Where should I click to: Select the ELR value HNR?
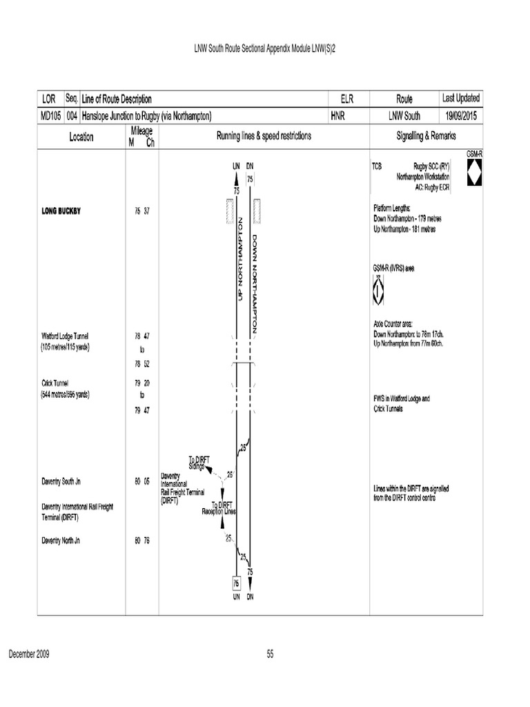337,116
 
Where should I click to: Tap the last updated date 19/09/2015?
461,116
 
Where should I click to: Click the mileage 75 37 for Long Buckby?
142,211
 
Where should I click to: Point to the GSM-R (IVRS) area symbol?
377,289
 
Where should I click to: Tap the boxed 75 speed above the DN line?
250,179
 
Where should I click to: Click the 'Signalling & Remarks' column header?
426,137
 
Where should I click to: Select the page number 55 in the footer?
270,655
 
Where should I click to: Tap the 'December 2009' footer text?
28,655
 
